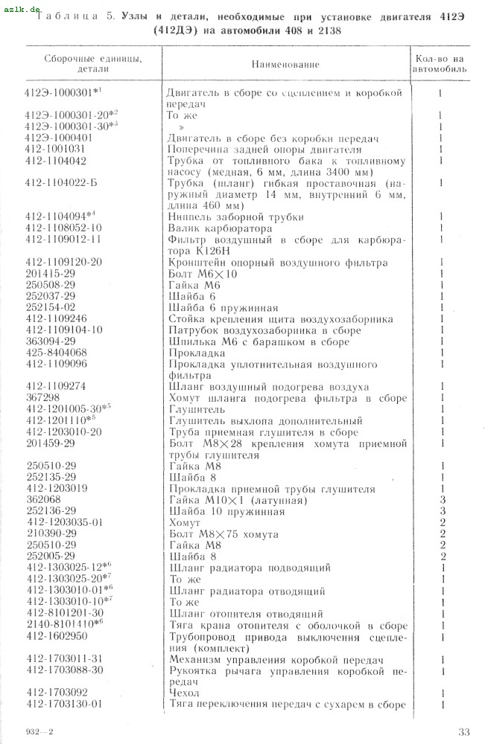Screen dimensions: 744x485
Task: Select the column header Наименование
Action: [x=285, y=64]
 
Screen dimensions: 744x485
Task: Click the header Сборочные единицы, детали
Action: [x=82, y=63]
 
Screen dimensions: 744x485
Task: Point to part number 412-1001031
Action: [x=55, y=149]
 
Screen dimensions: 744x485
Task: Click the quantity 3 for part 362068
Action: [x=442, y=499]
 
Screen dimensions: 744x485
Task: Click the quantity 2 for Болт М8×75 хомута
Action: [x=442, y=533]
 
